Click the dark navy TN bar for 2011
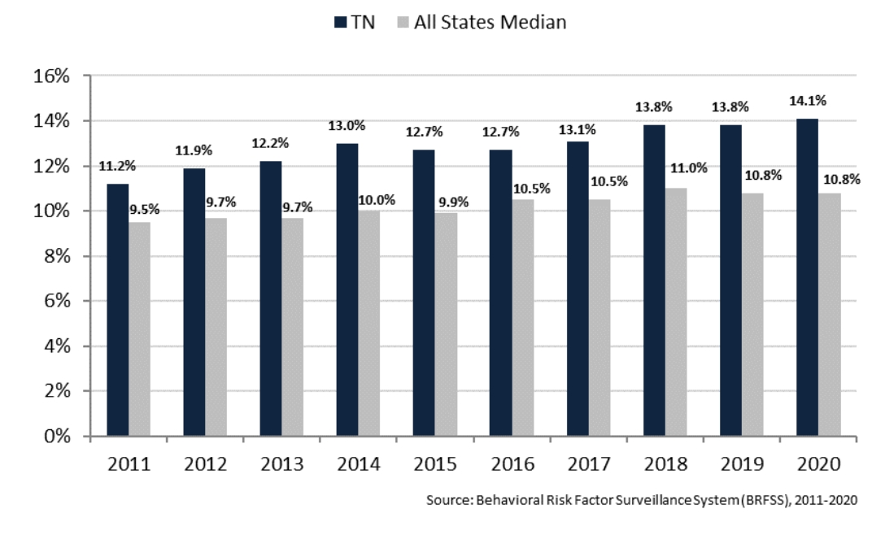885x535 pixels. (117, 310)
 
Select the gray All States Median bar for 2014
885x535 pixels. (369, 323)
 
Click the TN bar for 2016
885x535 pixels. (500, 293)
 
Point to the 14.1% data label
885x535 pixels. (807, 102)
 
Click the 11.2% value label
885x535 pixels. (117, 167)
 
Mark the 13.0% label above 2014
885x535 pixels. (347, 126)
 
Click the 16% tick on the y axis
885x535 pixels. (52, 76)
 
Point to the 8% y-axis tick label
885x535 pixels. (57, 256)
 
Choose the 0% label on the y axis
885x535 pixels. (57, 436)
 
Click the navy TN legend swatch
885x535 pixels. (341, 22)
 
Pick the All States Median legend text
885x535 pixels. (490, 22)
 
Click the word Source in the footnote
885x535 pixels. (445, 500)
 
